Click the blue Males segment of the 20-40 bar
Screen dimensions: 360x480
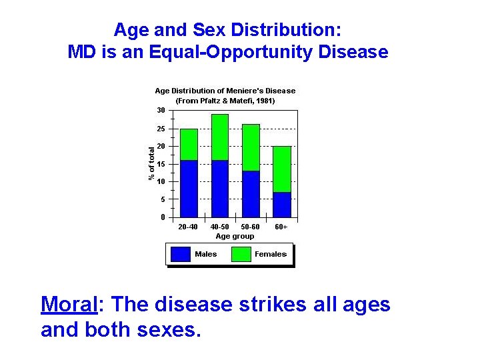tap(189, 189)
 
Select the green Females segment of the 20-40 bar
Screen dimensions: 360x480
tap(189, 145)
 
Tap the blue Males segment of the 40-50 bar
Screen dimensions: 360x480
tap(220, 189)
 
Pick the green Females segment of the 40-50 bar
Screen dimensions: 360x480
tap(220, 137)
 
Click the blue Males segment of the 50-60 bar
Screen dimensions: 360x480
tap(251, 194)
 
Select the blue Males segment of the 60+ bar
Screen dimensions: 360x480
tap(282, 205)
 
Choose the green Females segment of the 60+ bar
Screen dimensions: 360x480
tap(282, 169)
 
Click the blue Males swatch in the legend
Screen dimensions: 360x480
tap(181, 254)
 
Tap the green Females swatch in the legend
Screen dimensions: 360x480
tap(241, 254)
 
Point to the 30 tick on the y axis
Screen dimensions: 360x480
tap(161, 111)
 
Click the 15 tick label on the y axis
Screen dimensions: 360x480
tap(161, 164)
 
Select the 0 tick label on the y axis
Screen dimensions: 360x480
tap(163, 217)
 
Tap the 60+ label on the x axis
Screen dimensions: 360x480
tap(281, 227)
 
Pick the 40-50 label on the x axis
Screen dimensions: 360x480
tap(219, 227)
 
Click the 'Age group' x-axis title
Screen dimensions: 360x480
tap(235, 236)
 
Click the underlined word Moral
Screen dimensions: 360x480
tap(69, 305)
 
